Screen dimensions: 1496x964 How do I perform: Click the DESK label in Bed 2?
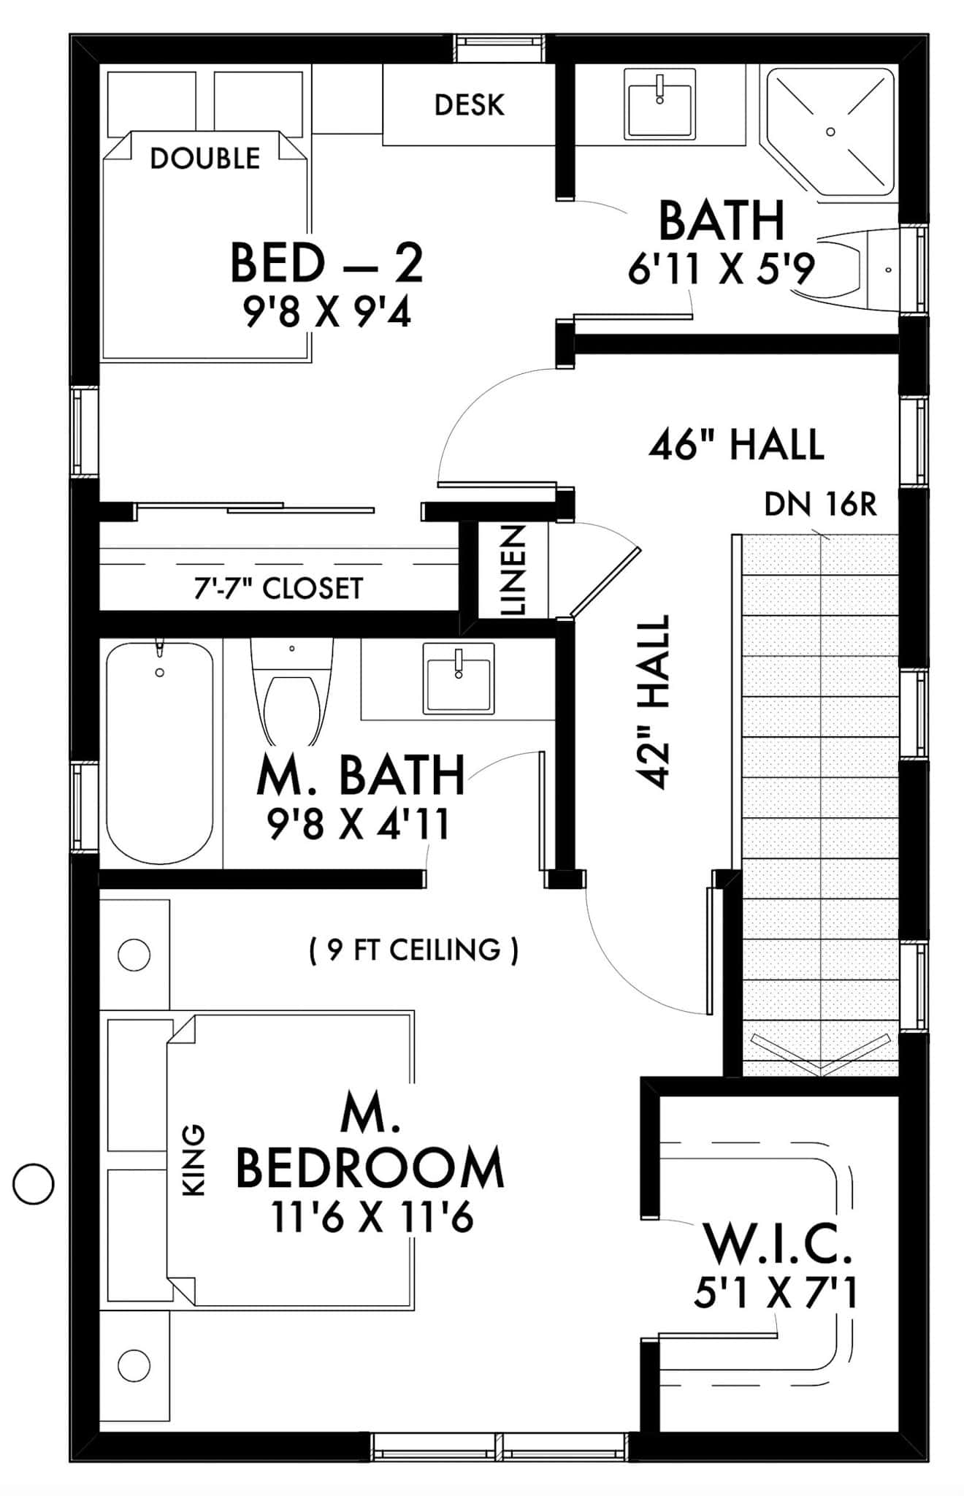tap(469, 105)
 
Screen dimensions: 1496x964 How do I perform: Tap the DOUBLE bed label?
tap(204, 159)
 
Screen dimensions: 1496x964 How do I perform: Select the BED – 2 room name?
tap(326, 264)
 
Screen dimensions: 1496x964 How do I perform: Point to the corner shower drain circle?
tap(830, 131)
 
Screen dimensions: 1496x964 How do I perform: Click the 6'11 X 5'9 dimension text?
tap(720, 270)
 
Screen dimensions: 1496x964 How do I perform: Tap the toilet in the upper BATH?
tap(862, 270)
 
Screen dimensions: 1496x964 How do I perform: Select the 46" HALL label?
tap(736, 444)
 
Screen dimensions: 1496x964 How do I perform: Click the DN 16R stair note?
tap(819, 505)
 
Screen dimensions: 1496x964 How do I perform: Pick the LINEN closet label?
tap(513, 570)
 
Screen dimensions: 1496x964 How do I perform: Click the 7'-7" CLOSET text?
tap(278, 588)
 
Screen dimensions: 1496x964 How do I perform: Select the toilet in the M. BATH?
tap(291, 694)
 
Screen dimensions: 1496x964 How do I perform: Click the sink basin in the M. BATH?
tap(458, 678)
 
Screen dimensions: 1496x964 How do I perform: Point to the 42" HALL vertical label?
tap(653, 701)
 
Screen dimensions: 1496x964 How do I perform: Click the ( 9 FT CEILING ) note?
tap(414, 950)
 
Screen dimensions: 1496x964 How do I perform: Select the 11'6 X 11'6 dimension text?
tap(372, 1218)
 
